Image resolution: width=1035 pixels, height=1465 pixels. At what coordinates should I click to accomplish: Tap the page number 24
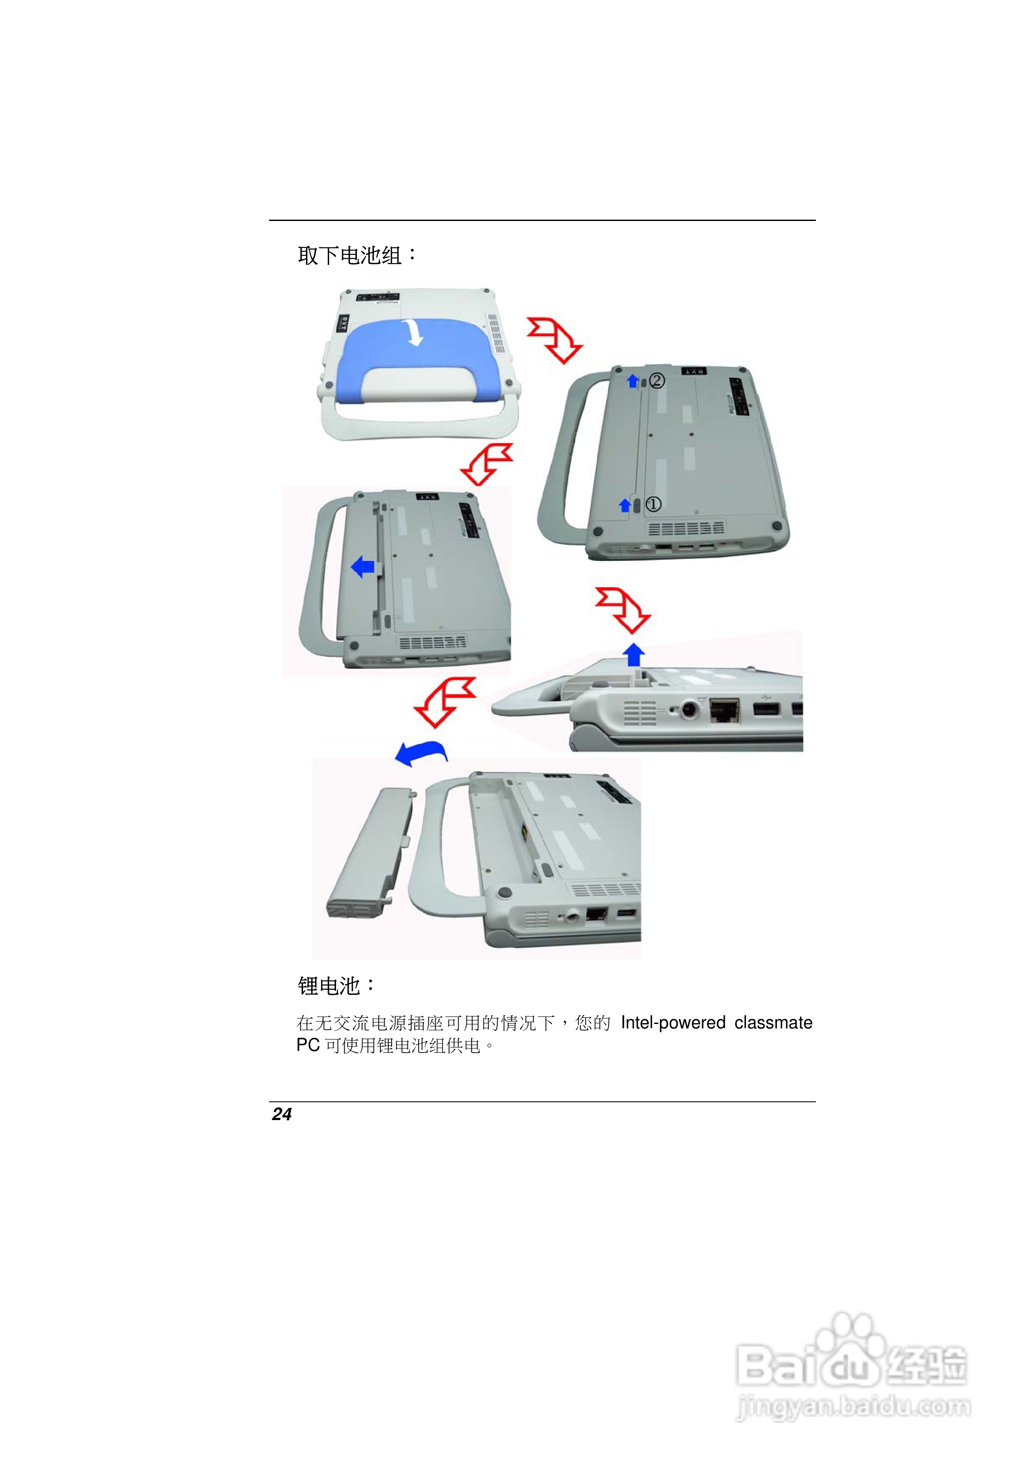[x=281, y=1114]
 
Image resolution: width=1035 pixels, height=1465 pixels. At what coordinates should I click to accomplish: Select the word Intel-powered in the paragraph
[x=673, y=1023]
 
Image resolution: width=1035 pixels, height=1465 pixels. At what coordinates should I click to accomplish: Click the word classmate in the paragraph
[x=773, y=1022]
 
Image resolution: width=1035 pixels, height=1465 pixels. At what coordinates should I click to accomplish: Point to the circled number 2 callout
[x=657, y=381]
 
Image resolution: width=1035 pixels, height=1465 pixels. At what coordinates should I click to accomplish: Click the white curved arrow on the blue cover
[x=415, y=332]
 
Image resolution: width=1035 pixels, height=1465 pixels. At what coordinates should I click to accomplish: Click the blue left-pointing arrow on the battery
[x=363, y=566]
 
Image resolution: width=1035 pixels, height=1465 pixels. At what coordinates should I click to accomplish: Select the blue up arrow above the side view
[x=634, y=654]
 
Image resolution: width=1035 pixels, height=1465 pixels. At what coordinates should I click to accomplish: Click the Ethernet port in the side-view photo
[x=724, y=710]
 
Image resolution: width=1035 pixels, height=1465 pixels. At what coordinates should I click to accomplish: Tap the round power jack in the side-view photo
[x=689, y=709]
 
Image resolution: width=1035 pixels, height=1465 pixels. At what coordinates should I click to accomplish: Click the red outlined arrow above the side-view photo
[x=622, y=610]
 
